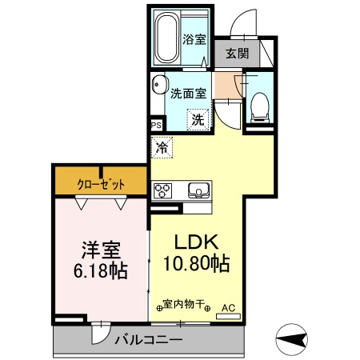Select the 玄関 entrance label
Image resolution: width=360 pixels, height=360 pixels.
(x=235, y=54)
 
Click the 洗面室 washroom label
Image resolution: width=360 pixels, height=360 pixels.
(x=188, y=92)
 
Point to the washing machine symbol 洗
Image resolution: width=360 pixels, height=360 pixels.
(x=197, y=120)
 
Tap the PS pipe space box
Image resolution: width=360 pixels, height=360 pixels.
(x=157, y=125)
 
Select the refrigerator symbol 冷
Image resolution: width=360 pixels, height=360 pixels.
(x=162, y=147)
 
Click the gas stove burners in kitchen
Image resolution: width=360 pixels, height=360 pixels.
(x=163, y=190)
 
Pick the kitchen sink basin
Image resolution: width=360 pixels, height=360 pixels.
(x=197, y=190)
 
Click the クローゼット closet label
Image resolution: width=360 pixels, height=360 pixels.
(x=101, y=184)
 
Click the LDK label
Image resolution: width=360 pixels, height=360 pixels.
(x=198, y=243)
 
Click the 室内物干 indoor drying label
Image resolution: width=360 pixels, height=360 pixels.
(x=186, y=305)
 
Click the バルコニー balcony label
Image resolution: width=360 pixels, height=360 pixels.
(x=146, y=339)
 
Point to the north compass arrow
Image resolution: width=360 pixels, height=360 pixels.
(x=294, y=339)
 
